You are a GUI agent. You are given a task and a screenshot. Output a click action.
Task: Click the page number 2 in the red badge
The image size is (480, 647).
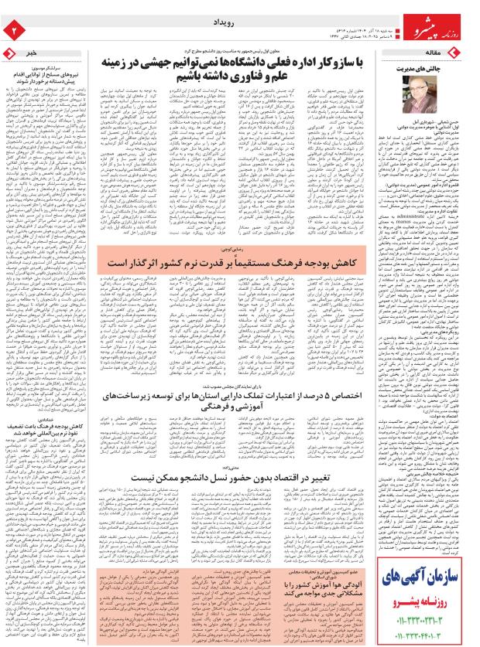click(x=13, y=29)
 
